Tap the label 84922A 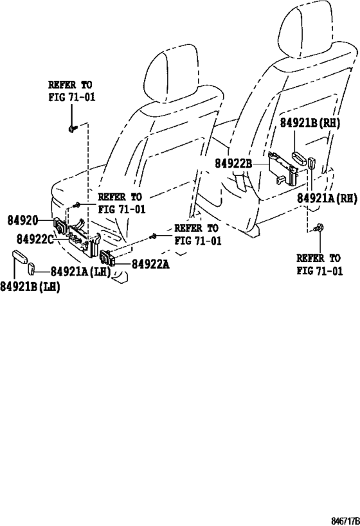point(150,265)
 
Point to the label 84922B point(233,164)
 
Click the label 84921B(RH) point(310,123)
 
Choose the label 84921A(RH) point(327,198)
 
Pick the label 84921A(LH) point(80,272)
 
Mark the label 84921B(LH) point(30,286)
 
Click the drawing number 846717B point(345,522)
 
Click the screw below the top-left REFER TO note point(73,128)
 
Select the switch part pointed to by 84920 point(60,226)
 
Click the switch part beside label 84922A point(108,258)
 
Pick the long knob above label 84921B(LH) point(20,257)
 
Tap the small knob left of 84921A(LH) point(32,268)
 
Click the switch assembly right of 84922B point(283,169)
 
